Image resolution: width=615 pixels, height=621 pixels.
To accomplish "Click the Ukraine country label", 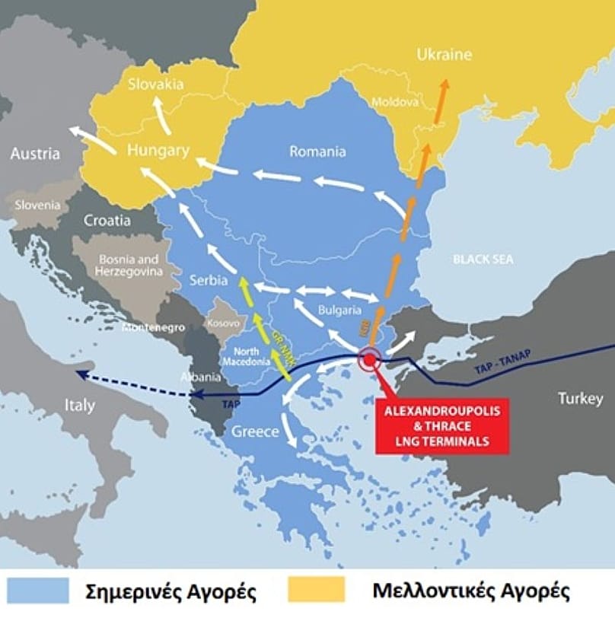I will pos(444,55).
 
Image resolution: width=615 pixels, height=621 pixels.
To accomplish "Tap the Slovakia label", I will pos(155,84).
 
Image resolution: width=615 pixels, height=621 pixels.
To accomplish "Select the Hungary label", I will pos(158,151).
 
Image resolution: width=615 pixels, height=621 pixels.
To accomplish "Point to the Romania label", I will pos(317,151).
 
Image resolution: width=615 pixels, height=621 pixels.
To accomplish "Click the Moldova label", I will pos(395,101).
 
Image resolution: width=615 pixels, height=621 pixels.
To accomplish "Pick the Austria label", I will pos(34,154).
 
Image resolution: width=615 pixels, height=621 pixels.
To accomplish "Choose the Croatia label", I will pos(107,221).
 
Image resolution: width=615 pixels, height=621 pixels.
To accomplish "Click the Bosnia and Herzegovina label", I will pos(127,264).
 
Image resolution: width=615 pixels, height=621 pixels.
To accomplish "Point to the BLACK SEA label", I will pos(483,260).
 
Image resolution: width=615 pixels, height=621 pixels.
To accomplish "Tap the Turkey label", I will pos(580,398).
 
